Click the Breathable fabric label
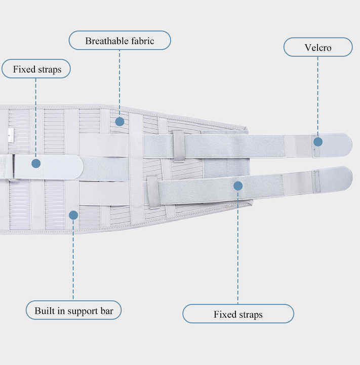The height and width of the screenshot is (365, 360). click(x=120, y=41)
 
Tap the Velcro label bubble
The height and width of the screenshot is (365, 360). click(x=318, y=47)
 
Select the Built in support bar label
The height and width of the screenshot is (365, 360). click(x=73, y=310)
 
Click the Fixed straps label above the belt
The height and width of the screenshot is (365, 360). click(x=36, y=69)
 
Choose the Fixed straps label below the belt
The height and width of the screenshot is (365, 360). click(x=238, y=314)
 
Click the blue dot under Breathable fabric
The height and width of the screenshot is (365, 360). click(x=119, y=122)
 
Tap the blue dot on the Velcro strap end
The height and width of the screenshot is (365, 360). click(x=318, y=142)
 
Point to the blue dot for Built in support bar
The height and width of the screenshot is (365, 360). click(x=73, y=215)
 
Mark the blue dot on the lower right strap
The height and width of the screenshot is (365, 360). click(x=237, y=186)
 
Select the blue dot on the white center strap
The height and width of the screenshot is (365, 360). click(x=36, y=163)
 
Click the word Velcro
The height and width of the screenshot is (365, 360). click(x=318, y=48)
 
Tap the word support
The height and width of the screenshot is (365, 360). click(x=83, y=311)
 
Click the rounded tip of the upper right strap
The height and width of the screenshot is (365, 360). click(x=351, y=144)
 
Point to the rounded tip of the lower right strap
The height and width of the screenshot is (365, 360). click(x=352, y=178)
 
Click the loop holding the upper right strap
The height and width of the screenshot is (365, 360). click(x=179, y=145)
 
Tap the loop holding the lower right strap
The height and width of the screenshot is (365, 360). click(x=153, y=192)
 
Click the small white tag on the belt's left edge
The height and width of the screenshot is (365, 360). click(x=11, y=135)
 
